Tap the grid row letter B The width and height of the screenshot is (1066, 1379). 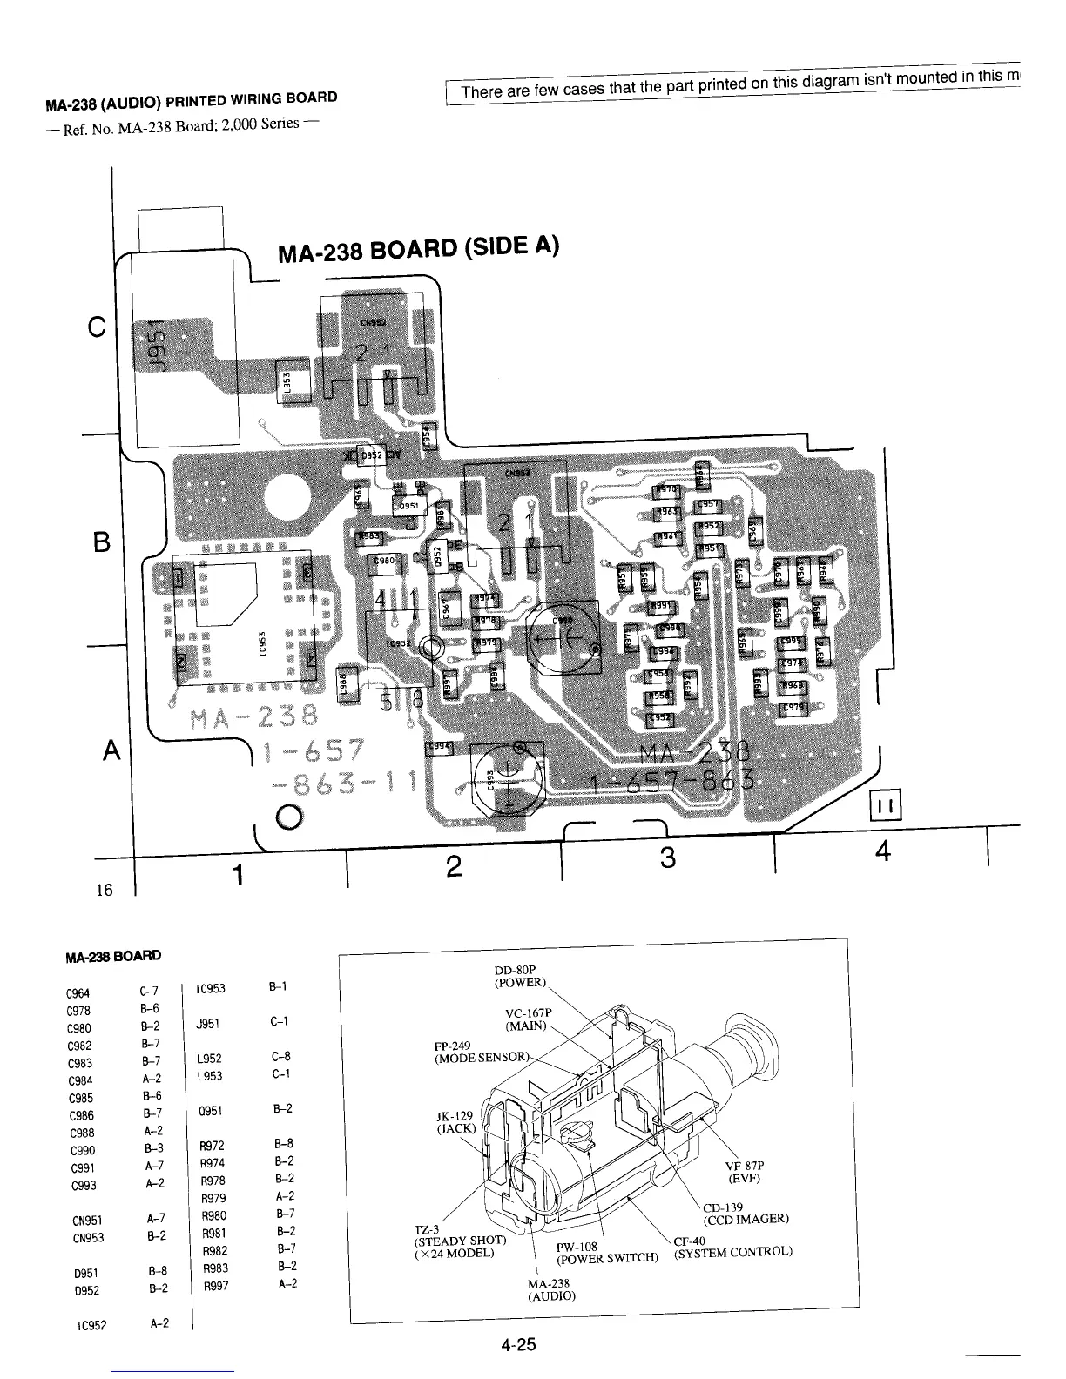coord(102,542)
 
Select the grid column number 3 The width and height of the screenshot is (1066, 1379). coord(667,858)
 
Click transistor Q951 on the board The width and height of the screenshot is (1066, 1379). coord(408,505)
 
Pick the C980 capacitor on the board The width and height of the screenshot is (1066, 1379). coord(384,562)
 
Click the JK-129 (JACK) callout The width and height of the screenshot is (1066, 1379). coord(454,1122)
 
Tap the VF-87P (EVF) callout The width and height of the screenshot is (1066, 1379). coord(744,1173)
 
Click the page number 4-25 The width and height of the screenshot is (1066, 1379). coord(517,1345)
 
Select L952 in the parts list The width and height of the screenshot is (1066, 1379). coord(210,1059)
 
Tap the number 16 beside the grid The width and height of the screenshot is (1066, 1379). coord(105,890)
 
